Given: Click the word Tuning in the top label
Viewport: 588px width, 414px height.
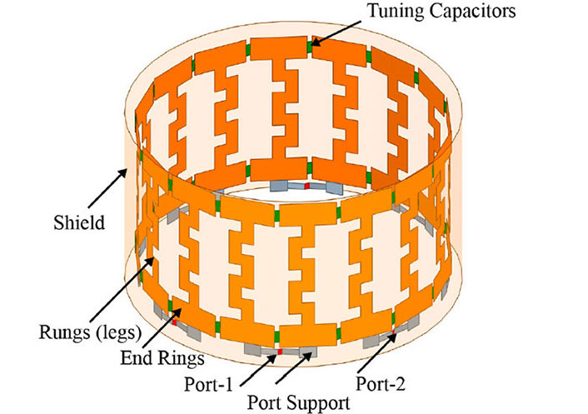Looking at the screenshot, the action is [396, 12].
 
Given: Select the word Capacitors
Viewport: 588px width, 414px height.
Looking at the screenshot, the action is [472, 11].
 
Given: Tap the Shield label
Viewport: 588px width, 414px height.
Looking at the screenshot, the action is [79, 222].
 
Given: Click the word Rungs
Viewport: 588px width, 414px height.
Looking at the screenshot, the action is [63, 333].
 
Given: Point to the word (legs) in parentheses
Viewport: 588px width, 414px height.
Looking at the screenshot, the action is [116, 333].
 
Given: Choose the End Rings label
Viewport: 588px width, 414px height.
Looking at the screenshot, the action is [162, 358].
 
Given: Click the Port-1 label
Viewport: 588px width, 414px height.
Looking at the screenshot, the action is [208, 384].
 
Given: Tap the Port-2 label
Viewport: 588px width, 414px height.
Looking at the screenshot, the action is [381, 384].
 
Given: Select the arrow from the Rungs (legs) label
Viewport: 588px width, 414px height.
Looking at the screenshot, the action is [122, 287].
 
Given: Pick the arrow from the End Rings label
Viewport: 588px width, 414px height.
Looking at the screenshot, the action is [162, 327].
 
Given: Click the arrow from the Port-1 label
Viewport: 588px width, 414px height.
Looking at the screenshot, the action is [258, 370].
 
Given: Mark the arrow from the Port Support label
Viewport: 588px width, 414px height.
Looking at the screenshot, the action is [294, 368].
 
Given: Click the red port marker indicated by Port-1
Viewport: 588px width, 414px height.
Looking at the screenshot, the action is [280, 352].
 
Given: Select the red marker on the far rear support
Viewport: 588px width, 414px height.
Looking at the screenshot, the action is [306, 186].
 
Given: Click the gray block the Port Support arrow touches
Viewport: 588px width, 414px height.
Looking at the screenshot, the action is [308, 352].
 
